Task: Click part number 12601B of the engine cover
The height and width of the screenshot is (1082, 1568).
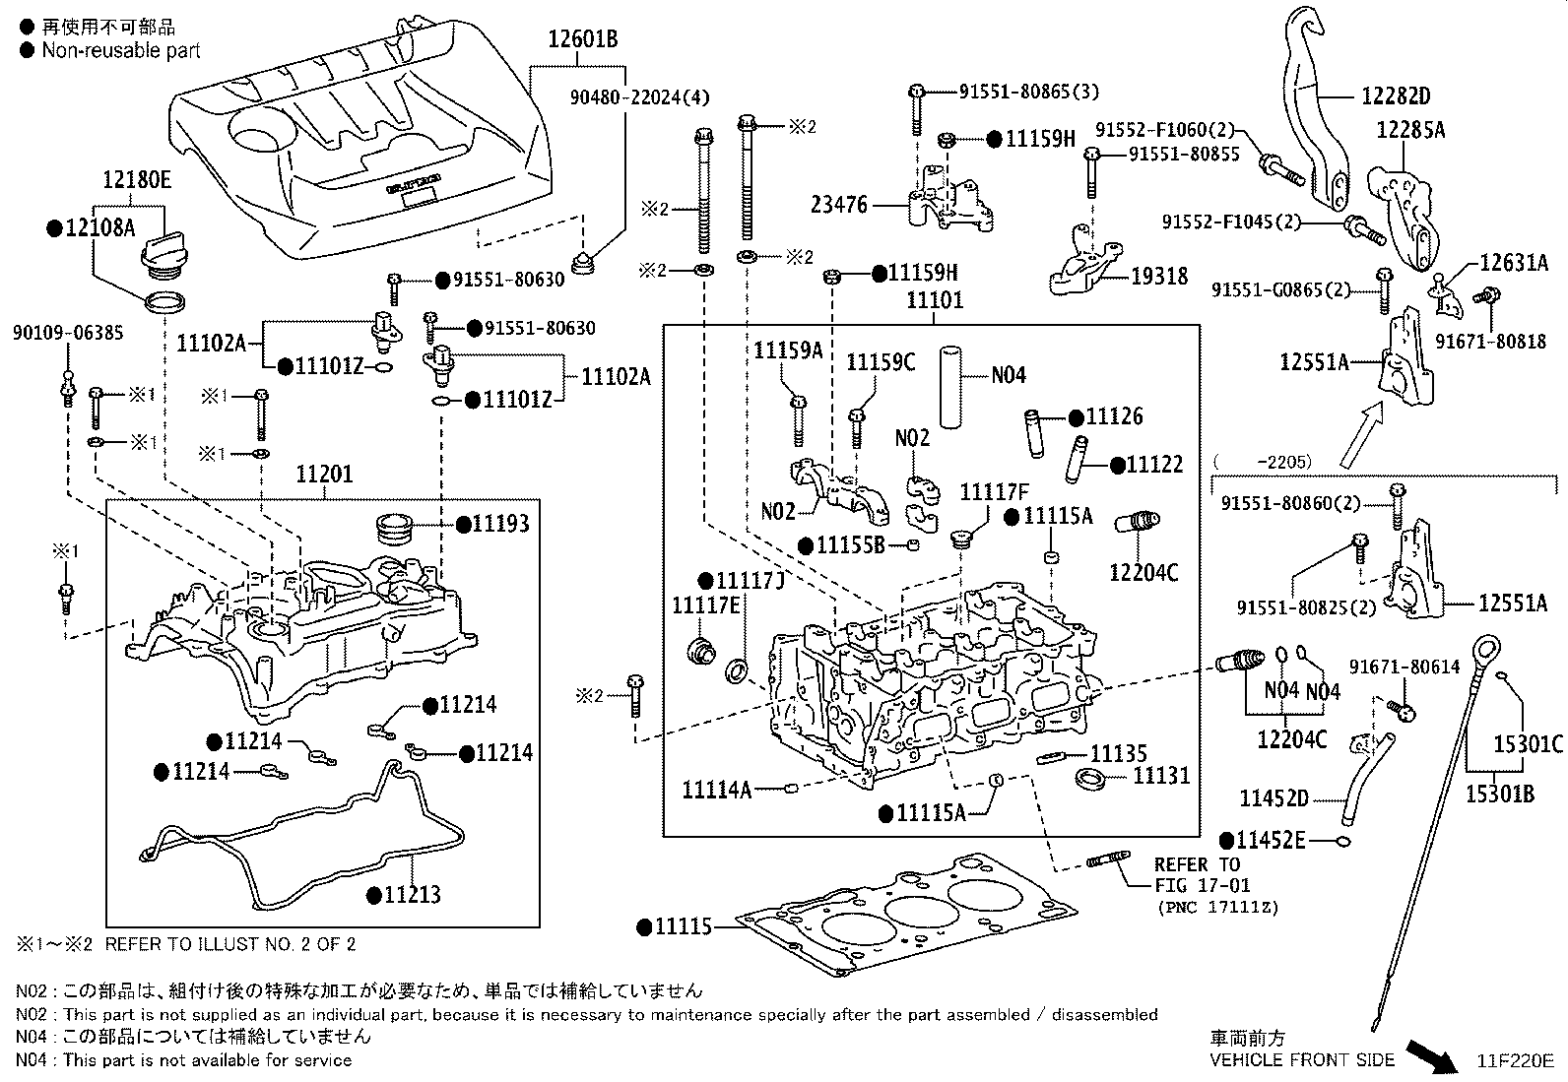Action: [x=583, y=39]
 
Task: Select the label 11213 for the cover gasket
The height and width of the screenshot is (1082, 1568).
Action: [x=412, y=895]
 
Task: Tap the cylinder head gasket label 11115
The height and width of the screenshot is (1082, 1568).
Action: [x=684, y=925]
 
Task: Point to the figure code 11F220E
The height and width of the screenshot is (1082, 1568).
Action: [x=1514, y=1060]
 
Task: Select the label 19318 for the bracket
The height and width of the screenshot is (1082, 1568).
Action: [x=1159, y=277]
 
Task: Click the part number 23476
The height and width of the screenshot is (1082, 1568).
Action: [x=839, y=205]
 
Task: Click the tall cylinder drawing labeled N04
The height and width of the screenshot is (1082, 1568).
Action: [x=949, y=385]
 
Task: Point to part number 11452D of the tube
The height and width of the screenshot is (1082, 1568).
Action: [x=1274, y=797]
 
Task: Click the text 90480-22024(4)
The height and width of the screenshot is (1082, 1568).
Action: [x=639, y=96]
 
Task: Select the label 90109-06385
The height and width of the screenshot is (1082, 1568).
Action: [x=68, y=332]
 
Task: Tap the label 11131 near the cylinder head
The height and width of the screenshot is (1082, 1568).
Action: [x=1161, y=776]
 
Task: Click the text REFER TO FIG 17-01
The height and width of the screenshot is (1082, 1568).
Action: [x=1197, y=875]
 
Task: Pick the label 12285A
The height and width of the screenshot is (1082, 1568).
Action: [x=1410, y=130]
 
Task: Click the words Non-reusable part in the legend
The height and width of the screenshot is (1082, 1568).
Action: [x=120, y=50]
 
